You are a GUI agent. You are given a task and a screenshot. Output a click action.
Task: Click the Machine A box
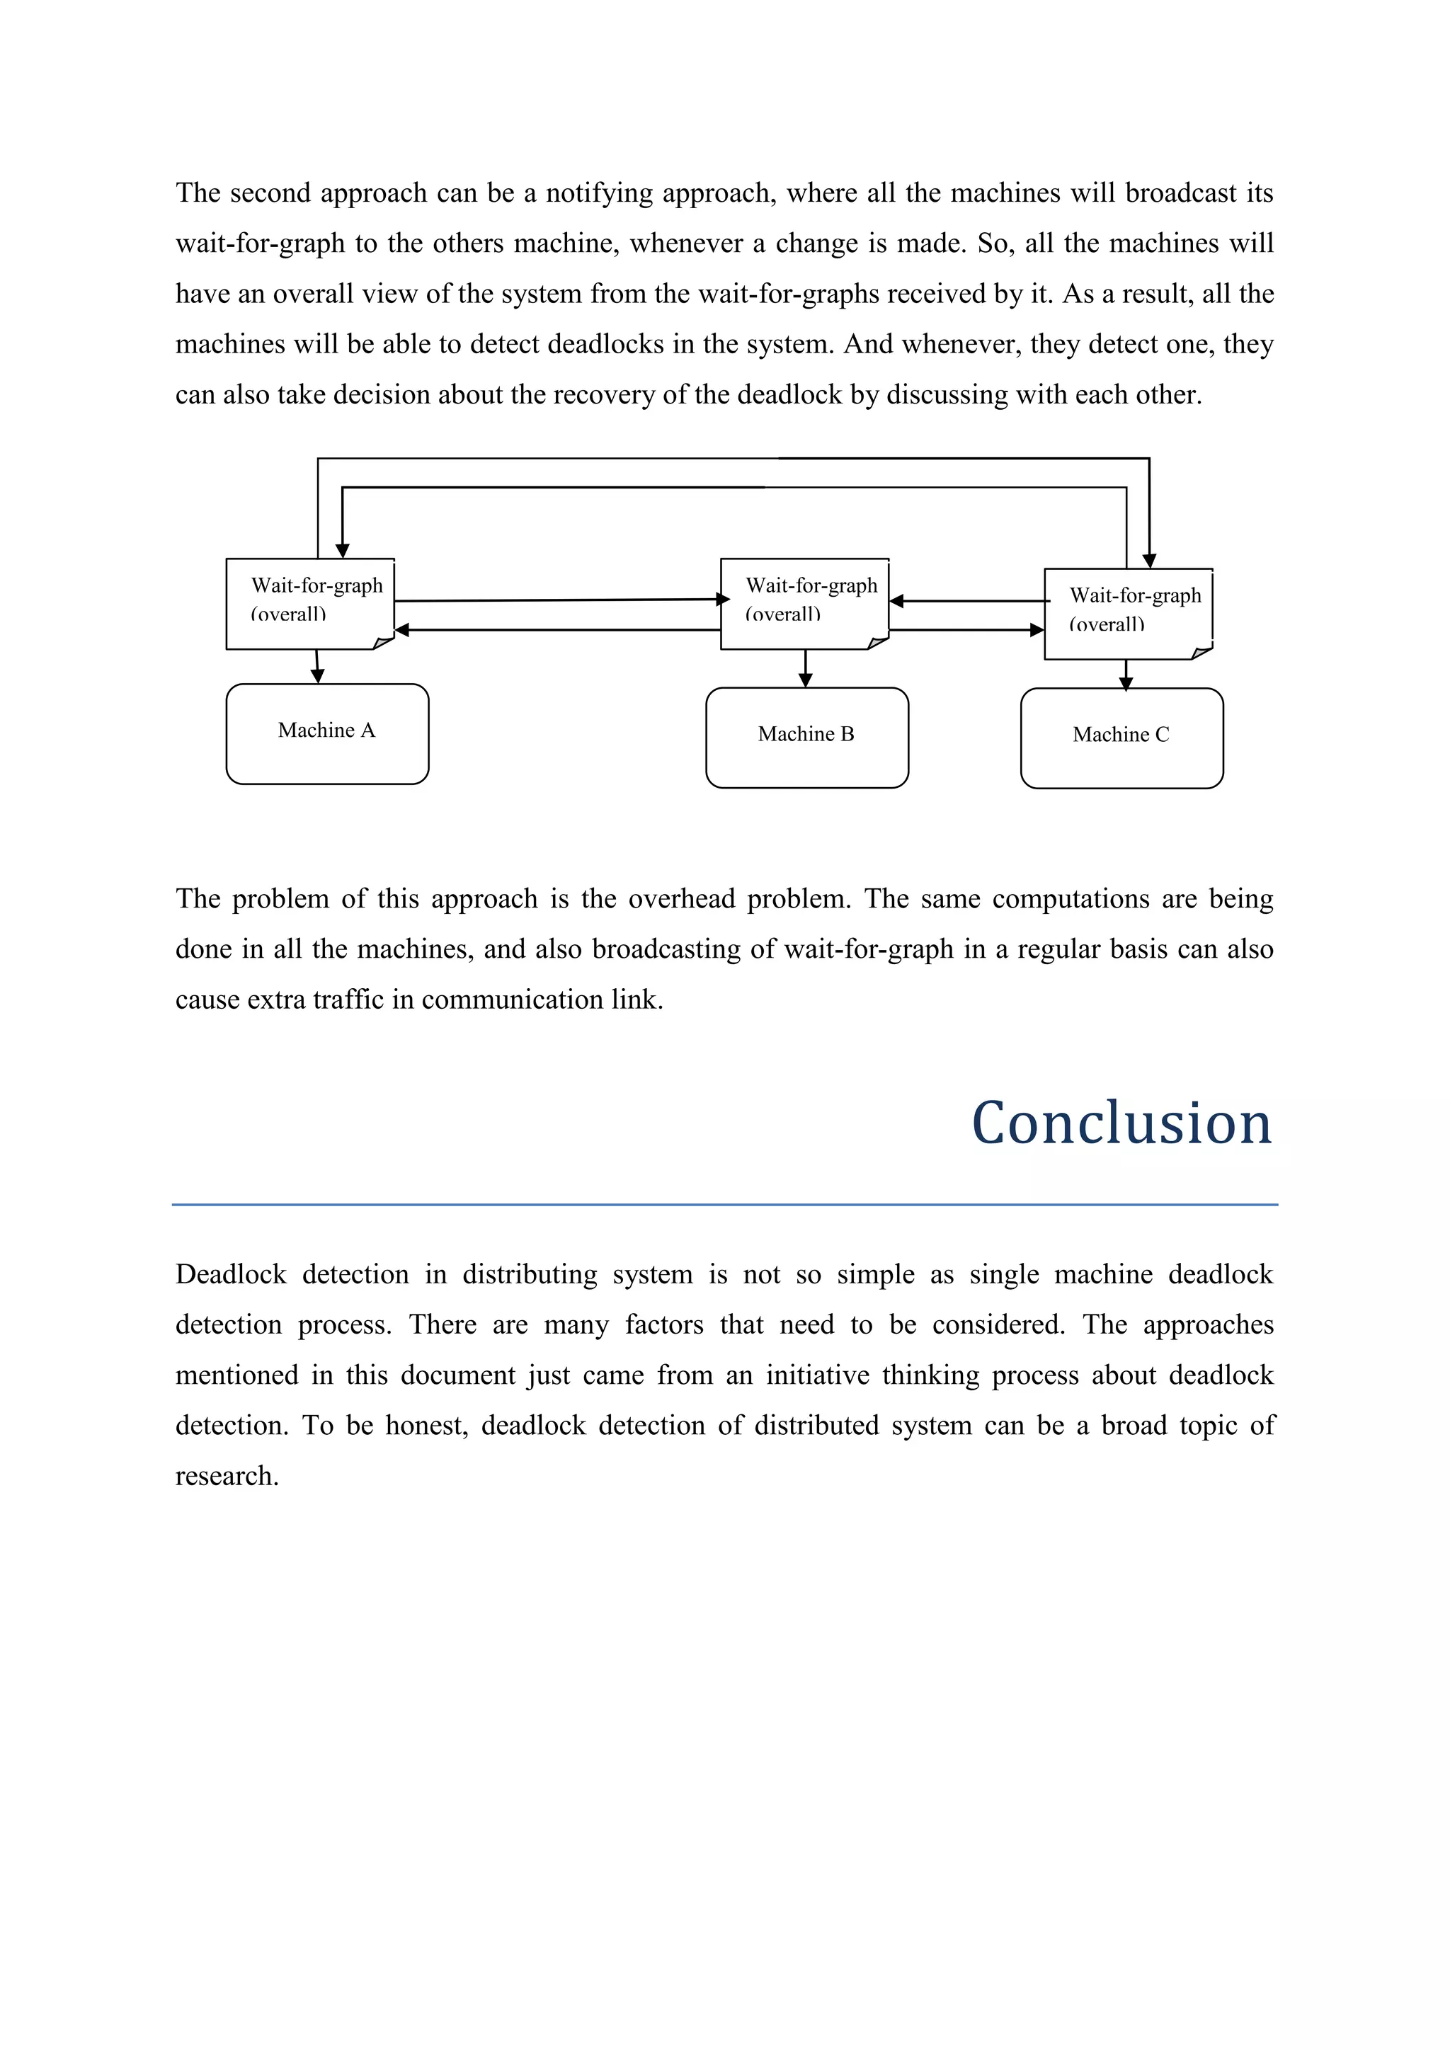coord(327,734)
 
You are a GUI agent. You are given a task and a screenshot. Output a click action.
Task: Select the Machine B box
coord(806,738)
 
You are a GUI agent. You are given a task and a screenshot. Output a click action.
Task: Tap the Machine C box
coord(1121,738)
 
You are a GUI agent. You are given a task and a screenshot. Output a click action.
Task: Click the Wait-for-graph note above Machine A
coord(310,604)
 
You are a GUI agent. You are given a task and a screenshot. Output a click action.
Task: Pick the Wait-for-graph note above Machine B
coord(804,604)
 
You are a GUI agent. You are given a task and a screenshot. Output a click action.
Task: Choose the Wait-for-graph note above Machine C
coord(1128,614)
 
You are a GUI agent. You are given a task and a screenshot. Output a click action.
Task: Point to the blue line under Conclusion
coord(724,1205)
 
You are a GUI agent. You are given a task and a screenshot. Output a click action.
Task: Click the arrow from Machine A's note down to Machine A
coord(317,667)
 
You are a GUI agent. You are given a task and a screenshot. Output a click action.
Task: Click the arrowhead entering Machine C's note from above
coord(1149,561)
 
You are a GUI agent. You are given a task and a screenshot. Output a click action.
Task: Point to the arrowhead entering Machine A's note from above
coord(342,551)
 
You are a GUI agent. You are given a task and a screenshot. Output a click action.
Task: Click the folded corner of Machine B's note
coord(879,642)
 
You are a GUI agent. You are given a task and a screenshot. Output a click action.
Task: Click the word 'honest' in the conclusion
coord(426,1425)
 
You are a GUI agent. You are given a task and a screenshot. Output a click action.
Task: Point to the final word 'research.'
coord(227,1476)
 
